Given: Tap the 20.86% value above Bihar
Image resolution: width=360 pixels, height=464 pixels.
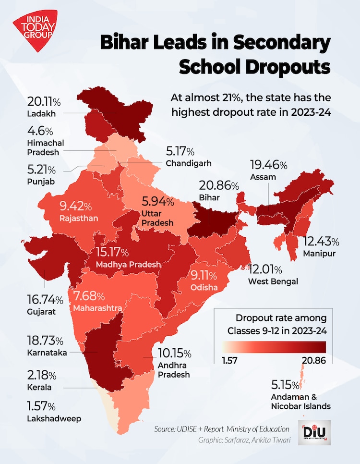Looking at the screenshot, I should tap(218, 185).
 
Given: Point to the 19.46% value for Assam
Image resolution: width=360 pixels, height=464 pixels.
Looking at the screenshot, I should tap(268, 165).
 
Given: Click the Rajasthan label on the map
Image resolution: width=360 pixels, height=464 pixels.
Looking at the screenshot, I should tap(79, 219).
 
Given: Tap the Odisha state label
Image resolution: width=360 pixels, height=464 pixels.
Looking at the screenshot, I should tap(204, 287).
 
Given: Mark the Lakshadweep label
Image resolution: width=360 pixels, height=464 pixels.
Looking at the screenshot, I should tap(54, 418).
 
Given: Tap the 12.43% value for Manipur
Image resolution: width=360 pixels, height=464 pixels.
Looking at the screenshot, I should tap(321, 241).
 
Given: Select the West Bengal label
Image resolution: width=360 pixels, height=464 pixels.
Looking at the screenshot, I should tap(273, 281).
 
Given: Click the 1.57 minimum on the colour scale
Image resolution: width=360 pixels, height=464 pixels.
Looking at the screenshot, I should tap(230, 359).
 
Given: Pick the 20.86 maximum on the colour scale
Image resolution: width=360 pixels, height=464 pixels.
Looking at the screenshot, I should tap(313, 359).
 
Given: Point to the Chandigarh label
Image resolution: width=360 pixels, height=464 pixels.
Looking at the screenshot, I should tap(189, 163).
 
